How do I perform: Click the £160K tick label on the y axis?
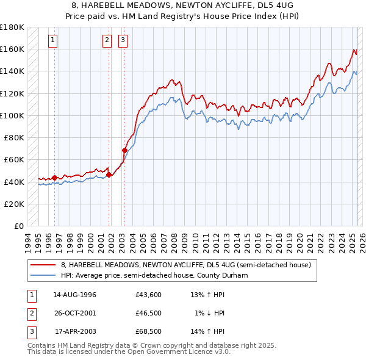click(12, 49)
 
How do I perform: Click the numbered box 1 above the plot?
click(54, 41)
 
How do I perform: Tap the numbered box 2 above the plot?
click(107, 41)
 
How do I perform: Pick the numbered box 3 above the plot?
click(123, 41)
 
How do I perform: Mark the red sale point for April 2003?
click(124, 150)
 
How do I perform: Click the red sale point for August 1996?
click(54, 178)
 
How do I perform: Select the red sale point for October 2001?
click(109, 175)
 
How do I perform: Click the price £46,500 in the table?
click(148, 313)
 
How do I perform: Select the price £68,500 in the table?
click(148, 331)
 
